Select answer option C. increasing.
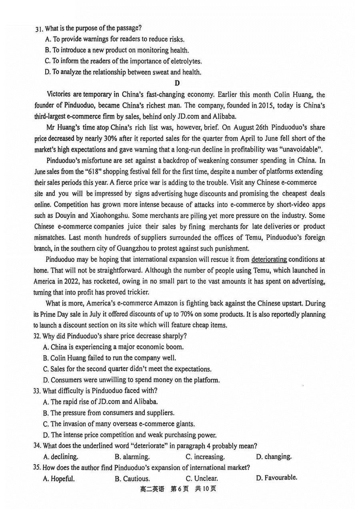[x=205, y=457]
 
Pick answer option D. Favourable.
[x=276, y=477]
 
